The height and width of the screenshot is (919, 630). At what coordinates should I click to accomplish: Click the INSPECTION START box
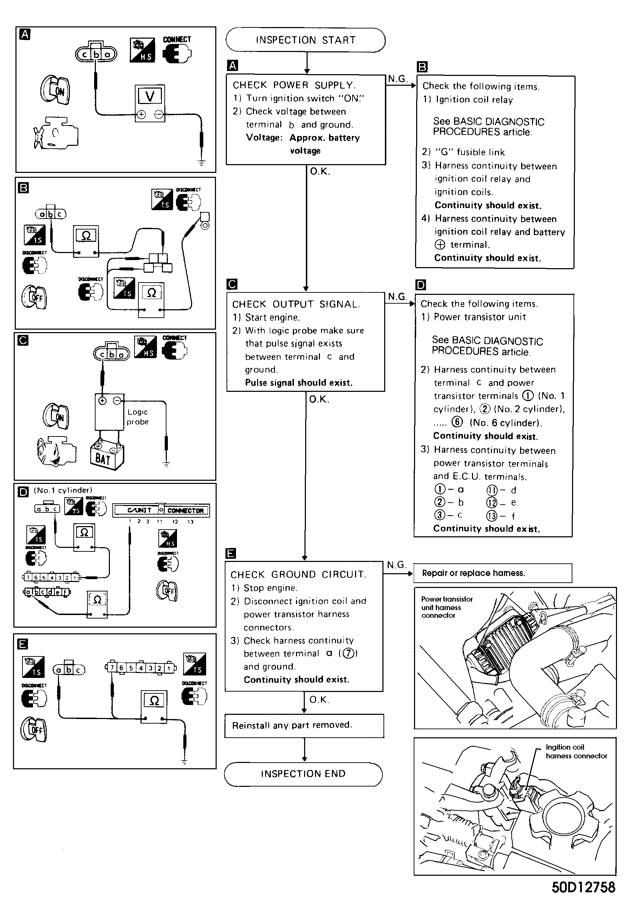click(x=306, y=40)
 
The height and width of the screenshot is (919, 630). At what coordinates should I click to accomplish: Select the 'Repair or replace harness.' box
click(x=492, y=573)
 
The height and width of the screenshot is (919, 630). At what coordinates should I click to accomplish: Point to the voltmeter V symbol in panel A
click(x=150, y=96)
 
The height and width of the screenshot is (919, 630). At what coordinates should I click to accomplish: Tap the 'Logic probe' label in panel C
click(x=138, y=417)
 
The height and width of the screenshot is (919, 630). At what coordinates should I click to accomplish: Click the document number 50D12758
click(x=583, y=888)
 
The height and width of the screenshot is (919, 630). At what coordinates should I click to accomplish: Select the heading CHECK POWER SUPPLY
click(x=294, y=85)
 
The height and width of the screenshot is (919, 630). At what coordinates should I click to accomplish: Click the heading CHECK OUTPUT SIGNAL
click(x=296, y=304)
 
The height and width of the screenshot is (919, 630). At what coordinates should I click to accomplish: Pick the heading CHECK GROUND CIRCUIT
click(x=298, y=575)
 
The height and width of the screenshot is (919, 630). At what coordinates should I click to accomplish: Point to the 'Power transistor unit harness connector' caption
click(x=447, y=607)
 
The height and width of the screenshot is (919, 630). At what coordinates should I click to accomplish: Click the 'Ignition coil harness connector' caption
click(x=576, y=751)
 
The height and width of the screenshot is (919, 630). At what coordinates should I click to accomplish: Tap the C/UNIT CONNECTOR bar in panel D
click(x=161, y=510)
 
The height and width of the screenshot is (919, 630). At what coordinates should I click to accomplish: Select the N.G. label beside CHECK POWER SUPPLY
click(x=397, y=79)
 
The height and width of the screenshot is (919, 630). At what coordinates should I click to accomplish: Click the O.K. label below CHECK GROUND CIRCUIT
click(x=319, y=700)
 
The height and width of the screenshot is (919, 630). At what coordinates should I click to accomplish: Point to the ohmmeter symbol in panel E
click(x=154, y=701)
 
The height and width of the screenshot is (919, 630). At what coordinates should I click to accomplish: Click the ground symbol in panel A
click(x=202, y=162)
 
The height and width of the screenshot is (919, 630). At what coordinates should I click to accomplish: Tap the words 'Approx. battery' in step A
click(x=324, y=138)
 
